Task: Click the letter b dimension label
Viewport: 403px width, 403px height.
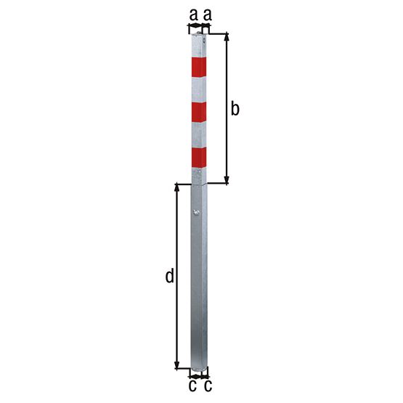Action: (235, 109)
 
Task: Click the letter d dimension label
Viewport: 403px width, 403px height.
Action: (169, 276)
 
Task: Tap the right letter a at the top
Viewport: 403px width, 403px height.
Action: (207, 14)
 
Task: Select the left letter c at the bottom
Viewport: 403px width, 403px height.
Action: (192, 386)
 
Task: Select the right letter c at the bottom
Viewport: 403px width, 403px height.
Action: (208, 386)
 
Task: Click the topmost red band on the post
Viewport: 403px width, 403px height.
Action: (199, 67)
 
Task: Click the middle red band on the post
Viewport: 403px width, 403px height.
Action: (199, 112)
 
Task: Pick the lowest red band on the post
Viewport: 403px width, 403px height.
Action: (199, 157)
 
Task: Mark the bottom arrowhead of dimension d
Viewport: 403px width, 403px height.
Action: (177, 365)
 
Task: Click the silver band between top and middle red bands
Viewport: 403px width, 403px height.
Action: (199, 89)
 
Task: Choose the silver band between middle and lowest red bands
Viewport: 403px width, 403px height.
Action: (199, 134)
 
